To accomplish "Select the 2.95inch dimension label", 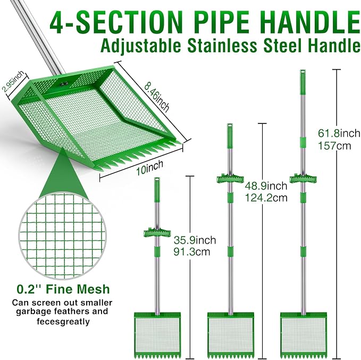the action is [13, 81].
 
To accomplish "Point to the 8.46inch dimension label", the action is [157, 97].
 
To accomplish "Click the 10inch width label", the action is [149, 168].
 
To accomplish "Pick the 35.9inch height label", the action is [195, 240].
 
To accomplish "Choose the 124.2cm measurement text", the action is [266, 198].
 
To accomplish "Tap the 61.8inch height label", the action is [339, 133].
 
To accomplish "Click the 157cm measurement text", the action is [334, 146].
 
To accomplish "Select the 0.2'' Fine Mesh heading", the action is [63, 289].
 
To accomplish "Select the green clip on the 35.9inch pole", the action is [157, 233].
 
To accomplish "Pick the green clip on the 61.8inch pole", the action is [303, 179].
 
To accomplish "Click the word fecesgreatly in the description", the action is [63, 321].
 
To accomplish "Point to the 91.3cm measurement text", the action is [192, 252].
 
